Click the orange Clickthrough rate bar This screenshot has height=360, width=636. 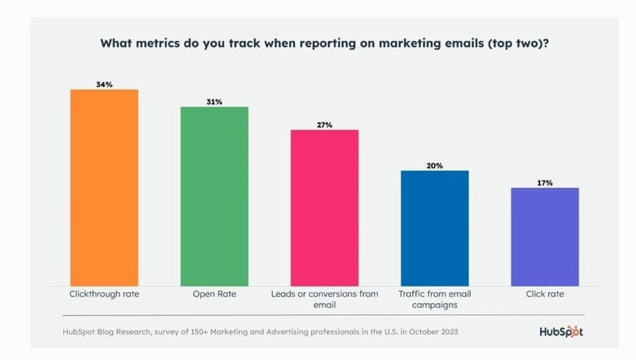pos(104,187)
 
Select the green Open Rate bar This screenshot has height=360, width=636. pos(214,196)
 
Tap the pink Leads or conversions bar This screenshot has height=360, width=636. pos(324,207)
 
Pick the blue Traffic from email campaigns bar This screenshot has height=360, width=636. pos(434,228)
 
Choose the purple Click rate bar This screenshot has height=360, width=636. pos(545,236)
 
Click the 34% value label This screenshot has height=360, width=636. pos(104,84)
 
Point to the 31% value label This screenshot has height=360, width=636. pos(214,101)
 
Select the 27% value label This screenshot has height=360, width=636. pos(324,125)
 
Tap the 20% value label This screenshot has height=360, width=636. pos(434,165)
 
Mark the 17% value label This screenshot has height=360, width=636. pos(545,182)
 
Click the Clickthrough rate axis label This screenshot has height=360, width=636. pos(104,295)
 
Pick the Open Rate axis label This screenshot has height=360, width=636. pos(214,295)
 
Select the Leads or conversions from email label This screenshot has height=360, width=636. pos(324,299)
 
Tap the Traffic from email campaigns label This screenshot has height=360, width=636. pos(434,299)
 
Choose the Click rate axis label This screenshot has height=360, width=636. pos(545,295)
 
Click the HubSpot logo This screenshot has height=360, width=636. pos(561,331)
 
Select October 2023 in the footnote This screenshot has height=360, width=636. pos(434,332)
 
